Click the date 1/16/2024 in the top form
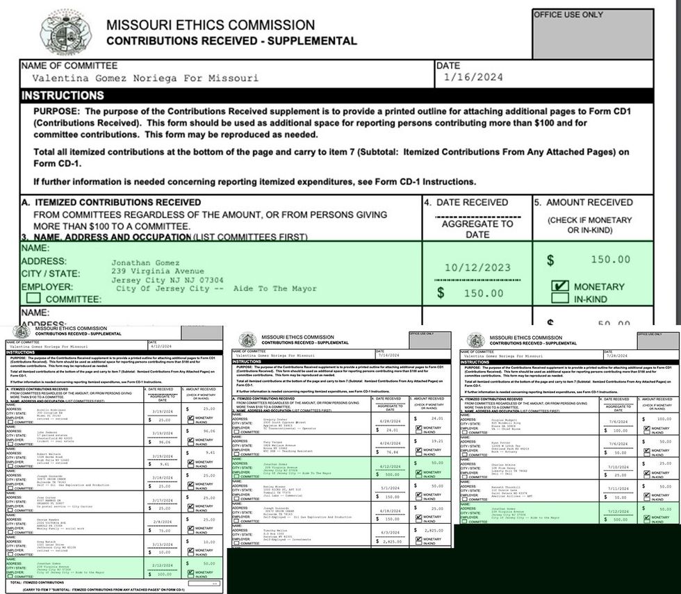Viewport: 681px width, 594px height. pos(473,78)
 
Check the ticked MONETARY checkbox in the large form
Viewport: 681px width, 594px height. pos(559,286)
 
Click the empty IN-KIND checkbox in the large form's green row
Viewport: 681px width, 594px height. pos(559,299)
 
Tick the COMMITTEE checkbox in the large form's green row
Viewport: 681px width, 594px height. pos(33,299)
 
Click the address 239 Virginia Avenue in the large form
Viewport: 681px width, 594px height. pos(158,271)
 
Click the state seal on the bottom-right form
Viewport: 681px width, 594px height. pos(476,340)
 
